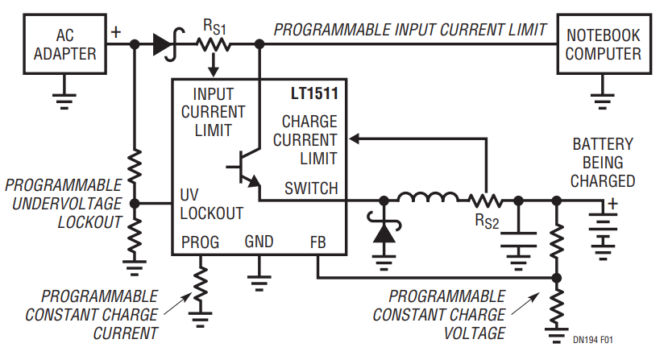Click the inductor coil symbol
coord(427,198)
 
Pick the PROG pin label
coord(200,242)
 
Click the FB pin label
coord(317,242)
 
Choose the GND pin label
coord(259,242)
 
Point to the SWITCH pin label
coord(311,188)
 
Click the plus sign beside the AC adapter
coord(115,32)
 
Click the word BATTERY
coord(603,145)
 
